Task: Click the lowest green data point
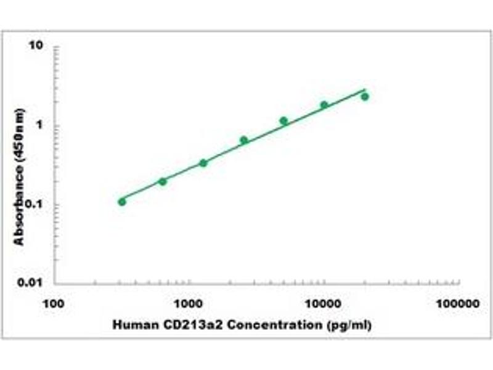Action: pyautogui.click(x=122, y=202)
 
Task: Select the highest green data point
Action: pyautogui.click(x=365, y=97)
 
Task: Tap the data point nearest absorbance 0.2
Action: pyautogui.click(x=163, y=181)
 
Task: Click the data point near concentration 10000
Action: pyautogui.click(x=324, y=105)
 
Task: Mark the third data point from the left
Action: pyautogui.click(x=203, y=163)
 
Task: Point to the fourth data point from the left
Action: pyautogui.click(x=244, y=140)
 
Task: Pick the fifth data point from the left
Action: pyautogui.click(x=283, y=121)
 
